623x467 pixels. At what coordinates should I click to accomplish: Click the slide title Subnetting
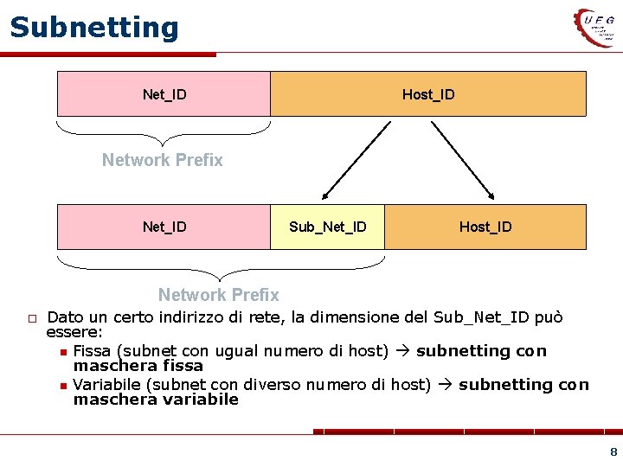pos(93,28)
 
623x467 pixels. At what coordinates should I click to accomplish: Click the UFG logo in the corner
pos(597,27)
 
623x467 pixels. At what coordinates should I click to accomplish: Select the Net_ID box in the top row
pos(164,93)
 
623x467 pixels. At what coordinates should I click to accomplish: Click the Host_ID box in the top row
pos(428,93)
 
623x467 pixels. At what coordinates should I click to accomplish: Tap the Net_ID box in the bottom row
pos(164,227)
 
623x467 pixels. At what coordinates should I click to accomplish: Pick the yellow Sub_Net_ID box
pos(327,227)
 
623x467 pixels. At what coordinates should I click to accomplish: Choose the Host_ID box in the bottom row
pos(485,227)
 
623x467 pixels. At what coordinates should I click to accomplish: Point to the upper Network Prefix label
pos(162,160)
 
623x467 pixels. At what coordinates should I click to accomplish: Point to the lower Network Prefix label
pos(218,295)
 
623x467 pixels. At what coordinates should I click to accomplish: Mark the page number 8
pos(613,451)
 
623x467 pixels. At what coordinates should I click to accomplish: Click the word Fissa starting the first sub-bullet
pos(93,351)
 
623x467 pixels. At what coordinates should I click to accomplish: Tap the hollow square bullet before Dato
pos(29,319)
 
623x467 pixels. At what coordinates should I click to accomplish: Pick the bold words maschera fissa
pos(138,366)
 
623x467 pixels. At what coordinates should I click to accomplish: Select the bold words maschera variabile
pos(156,400)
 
